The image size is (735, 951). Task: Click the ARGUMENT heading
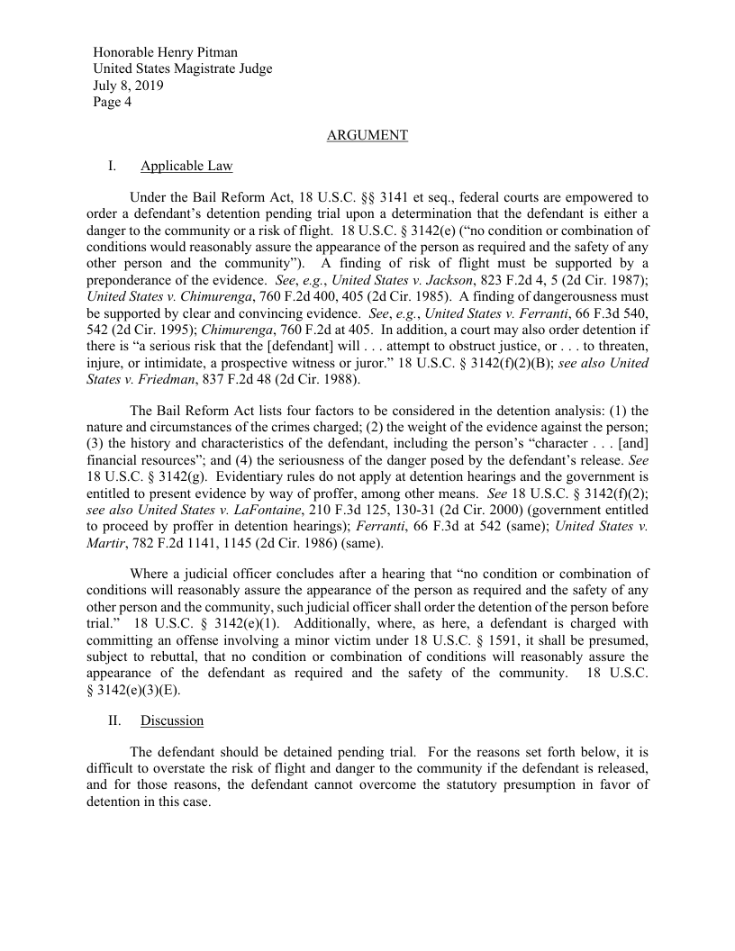click(367, 135)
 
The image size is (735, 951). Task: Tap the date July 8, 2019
click(128, 86)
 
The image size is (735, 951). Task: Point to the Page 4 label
click(113, 102)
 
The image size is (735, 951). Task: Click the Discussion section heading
click(171, 720)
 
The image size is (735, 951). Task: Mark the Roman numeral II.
click(115, 720)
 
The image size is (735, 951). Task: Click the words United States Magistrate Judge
click(182, 68)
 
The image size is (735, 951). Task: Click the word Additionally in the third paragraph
click(334, 623)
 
